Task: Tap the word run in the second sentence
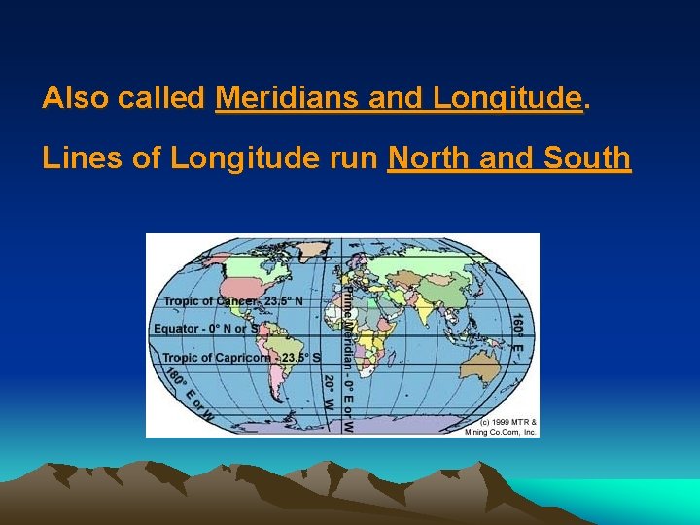(x=356, y=157)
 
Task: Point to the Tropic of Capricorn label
(x=233, y=357)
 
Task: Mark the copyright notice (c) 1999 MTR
(x=500, y=426)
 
